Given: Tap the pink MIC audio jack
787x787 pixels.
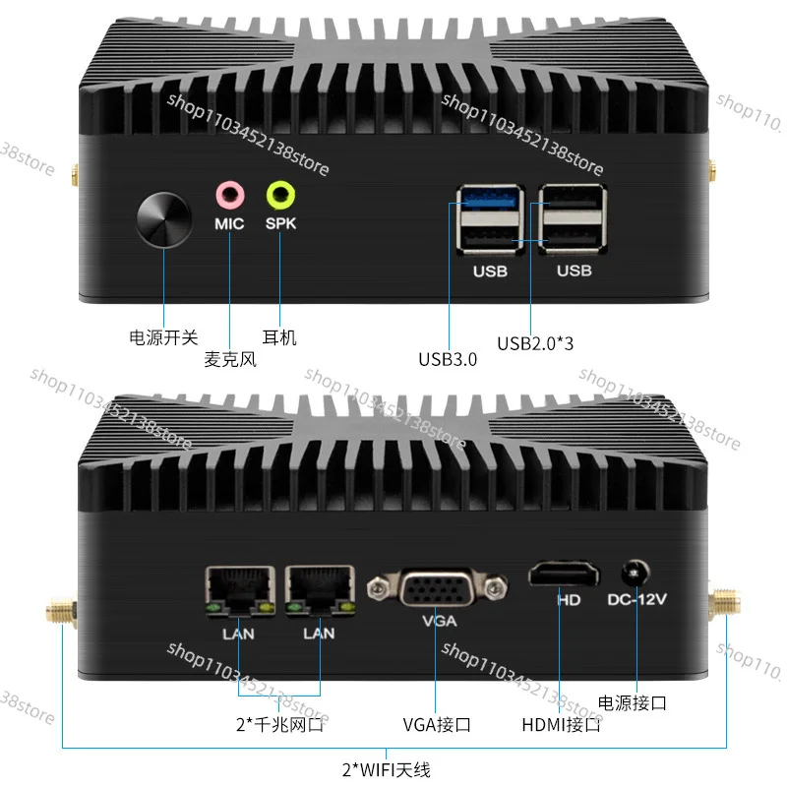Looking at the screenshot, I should (229, 193).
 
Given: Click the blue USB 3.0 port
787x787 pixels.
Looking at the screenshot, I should (489, 202).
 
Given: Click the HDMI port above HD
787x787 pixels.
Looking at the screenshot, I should (564, 574).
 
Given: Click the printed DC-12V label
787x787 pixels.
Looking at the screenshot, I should (637, 598).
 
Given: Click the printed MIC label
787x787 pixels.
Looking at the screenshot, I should (229, 223).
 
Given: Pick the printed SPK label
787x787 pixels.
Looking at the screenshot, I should (281, 223).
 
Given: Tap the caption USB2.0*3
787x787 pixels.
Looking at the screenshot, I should (534, 343).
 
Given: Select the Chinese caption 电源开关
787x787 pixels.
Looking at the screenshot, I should (164, 337).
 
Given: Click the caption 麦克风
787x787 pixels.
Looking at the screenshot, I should (229, 360).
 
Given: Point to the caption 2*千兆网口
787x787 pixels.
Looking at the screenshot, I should (279, 726).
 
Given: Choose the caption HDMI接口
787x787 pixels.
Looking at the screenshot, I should (562, 726).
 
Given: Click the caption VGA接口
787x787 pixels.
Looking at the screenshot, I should (437, 726).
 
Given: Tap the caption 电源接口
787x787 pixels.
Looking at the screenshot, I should (633, 702).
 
